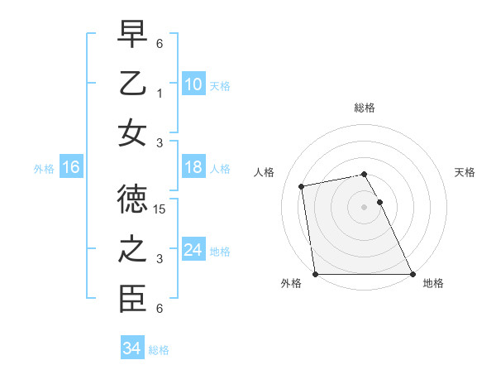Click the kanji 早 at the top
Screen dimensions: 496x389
pyautogui.click(x=131, y=35)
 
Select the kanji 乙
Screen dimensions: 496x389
pyautogui.click(x=131, y=84)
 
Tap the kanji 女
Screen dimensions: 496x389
pyautogui.click(x=131, y=133)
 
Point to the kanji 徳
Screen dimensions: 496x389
pyautogui.click(x=131, y=200)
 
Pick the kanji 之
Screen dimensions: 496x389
pyautogui.click(x=131, y=250)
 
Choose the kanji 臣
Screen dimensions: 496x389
pyautogui.click(x=131, y=300)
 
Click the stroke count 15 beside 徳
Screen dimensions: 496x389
pyautogui.click(x=161, y=210)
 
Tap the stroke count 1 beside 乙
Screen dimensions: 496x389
pyautogui.click(x=160, y=94)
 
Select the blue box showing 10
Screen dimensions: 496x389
pyautogui.click(x=193, y=84)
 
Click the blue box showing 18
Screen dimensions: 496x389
pyautogui.click(x=193, y=167)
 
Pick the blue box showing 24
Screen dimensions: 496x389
pyautogui.click(x=193, y=250)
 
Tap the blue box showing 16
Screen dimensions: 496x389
pyautogui.click(x=71, y=167)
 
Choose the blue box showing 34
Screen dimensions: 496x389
pyautogui.click(x=131, y=348)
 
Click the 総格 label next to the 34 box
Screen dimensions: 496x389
pyautogui.click(x=159, y=350)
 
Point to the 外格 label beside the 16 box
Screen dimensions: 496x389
pyautogui.click(x=44, y=168)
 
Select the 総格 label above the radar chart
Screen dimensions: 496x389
pyautogui.click(x=364, y=108)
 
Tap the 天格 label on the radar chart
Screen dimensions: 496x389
pyautogui.click(x=465, y=172)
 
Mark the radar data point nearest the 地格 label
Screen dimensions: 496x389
pyautogui.click(x=412, y=274)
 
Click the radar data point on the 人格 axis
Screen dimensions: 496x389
pyautogui.click(x=303, y=186)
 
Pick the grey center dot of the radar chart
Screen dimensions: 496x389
pyautogui.click(x=364, y=206)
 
